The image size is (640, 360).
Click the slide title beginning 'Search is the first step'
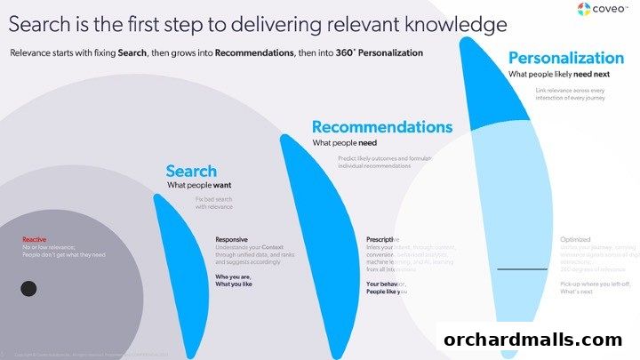pyautogui.click(x=258, y=22)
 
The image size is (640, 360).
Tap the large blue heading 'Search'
pyautogui.click(x=191, y=171)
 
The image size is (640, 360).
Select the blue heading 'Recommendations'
pyautogui.click(x=381, y=126)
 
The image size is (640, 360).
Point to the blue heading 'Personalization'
pyautogui.click(x=572, y=59)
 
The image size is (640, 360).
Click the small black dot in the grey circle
pyautogui.click(x=28, y=288)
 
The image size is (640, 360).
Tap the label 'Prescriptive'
pyautogui.click(x=382, y=239)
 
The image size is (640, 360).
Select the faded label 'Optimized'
pyautogui.click(x=576, y=239)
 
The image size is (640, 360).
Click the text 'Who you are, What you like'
pyautogui.click(x=234, y=282)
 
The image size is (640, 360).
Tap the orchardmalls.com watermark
pyautogui.click(x=532, y=340)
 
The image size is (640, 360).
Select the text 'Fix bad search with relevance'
pyautogui.click(x=213, y=204)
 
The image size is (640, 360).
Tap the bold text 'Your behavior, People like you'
pyautogui.click(x=388, y=287)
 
